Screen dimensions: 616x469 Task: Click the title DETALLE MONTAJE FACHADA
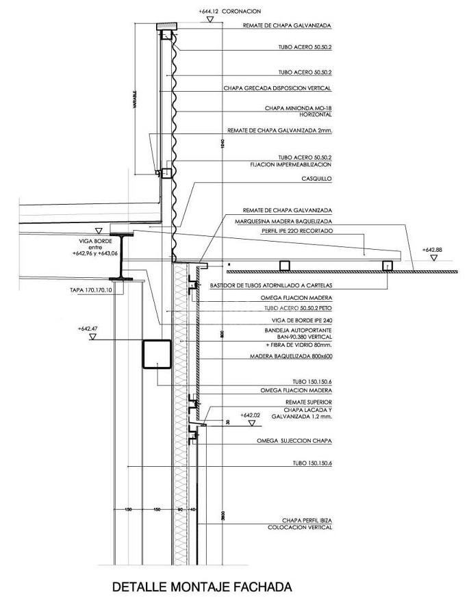(x=201, y=587)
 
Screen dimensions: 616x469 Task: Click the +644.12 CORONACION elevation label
(x=229, y=12)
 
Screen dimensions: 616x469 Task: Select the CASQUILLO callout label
(x=316, y=179)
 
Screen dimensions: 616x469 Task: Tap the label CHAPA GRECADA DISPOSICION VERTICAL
(x=277, y=88)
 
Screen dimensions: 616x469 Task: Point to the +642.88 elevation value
(x=432, y=251)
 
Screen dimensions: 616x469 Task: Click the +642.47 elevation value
(x=89, y=329)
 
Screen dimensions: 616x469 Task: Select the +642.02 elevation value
(x=251, y=415)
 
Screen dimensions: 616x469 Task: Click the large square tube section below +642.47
(x=156, y=354)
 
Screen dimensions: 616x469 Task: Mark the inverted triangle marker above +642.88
(x=433, y=258)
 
